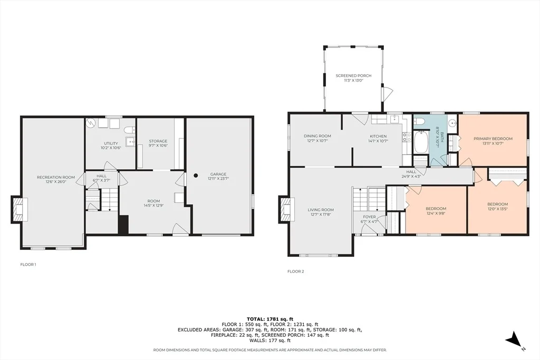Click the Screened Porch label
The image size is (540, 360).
coord(353,76)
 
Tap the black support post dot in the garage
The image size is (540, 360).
coord(196,176)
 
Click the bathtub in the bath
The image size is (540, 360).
coord(421,141)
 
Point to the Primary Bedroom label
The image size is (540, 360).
coord(493,139)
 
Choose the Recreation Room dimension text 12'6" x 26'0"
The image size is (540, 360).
coord(56,182)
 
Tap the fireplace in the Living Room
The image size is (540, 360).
coord(286,209)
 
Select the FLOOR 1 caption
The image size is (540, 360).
coord(28,265)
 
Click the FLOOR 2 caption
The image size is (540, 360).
coord(296,271)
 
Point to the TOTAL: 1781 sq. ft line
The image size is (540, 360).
coord(270,319)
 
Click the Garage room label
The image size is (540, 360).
coord(218,174)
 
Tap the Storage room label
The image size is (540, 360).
coord(158,141)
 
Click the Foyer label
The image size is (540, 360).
coord(370,217)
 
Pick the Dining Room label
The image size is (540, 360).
coord(317,136)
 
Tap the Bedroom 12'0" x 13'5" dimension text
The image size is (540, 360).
coord(498,209)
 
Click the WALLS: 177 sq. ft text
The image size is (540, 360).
coord(270,340)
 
